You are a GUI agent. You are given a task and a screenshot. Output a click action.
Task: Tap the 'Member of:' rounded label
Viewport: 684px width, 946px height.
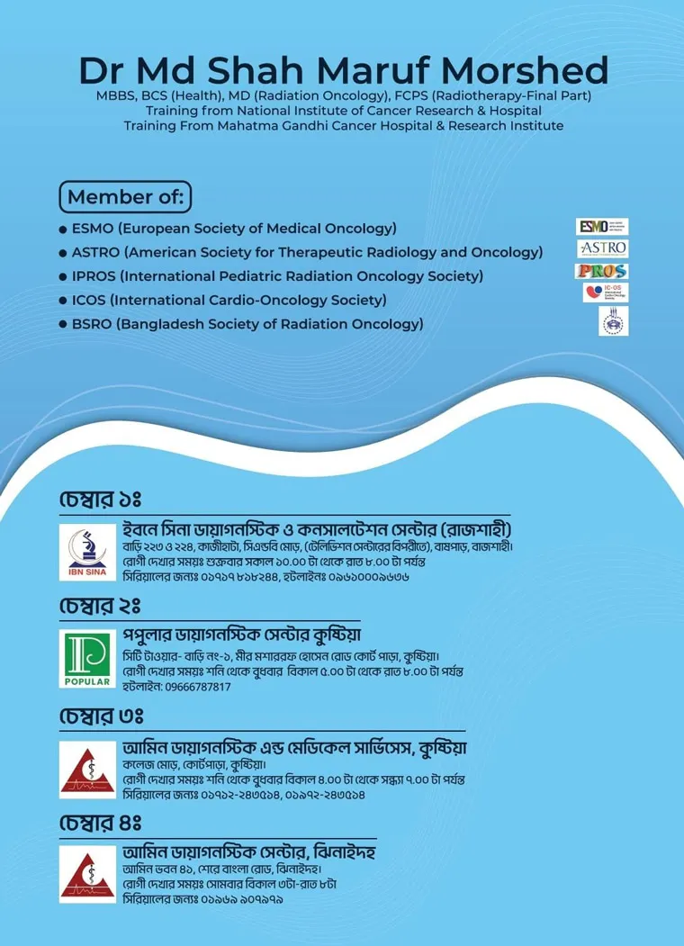[125, 196]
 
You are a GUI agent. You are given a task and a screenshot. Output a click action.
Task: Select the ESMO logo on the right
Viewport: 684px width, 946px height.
[602, 226]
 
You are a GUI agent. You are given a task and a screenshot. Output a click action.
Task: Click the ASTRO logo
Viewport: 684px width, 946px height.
[602, 248]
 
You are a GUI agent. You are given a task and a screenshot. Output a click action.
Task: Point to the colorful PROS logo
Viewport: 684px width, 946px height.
[602, 270]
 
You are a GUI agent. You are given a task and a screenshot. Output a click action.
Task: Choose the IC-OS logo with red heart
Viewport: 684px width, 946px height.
[604, 293]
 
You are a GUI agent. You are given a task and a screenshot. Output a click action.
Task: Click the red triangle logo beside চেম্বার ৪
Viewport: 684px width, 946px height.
[87, 872]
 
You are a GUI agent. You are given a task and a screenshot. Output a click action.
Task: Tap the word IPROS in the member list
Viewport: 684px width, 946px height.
[94, 276]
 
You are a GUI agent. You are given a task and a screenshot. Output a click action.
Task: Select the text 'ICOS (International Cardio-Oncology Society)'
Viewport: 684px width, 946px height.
[229, 300]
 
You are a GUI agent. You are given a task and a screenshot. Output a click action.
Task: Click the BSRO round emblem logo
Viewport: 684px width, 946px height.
[613, 321]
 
